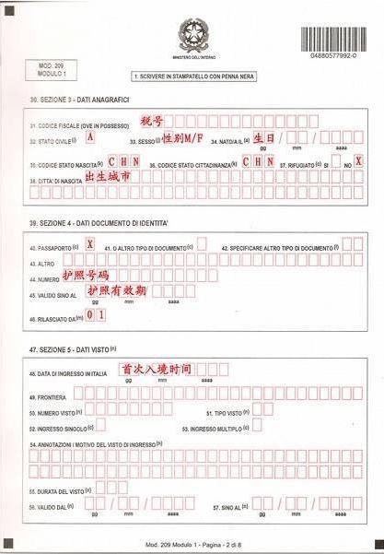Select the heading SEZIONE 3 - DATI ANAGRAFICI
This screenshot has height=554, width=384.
[79, 99]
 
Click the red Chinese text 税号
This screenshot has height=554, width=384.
[150, 122]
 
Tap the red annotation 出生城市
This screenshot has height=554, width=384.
[108, 174]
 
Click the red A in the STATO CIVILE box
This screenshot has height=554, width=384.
[89, 136]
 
